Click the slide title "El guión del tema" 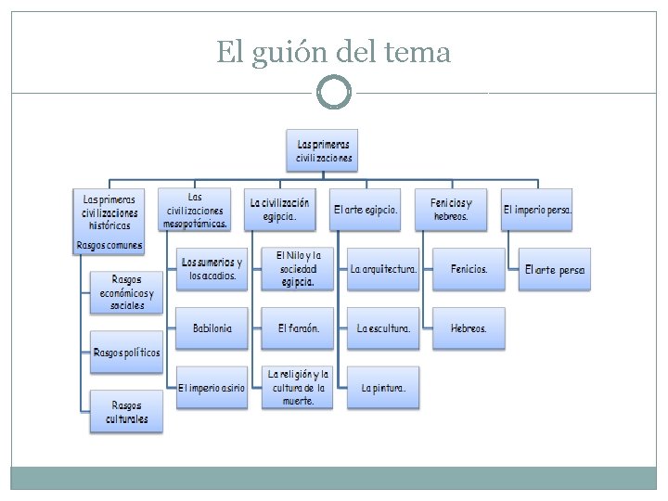tap(334, 52)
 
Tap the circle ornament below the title tap(334, 93)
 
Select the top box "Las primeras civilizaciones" tap(322, 150)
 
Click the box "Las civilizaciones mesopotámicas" tap(194, 210)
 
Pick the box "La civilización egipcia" tap(279, 210)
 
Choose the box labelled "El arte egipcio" tap(366, 210)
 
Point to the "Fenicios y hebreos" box tap(452, 210)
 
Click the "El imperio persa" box tap(537, 210)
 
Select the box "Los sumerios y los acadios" tap(212, 269)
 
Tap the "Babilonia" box tap(212, 328)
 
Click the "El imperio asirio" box tap(212, 388)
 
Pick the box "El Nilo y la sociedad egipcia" tap(298, 269)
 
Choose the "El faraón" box tap(298, 328)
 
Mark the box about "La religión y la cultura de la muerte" tap(298, 388)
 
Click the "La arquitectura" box tap(383, 269)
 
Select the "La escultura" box tap(383, 328)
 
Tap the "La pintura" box tap(383, 388)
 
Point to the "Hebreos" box tap(469, 328)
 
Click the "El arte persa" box tap(554, 269)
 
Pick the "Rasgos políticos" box tap(126, 353)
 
